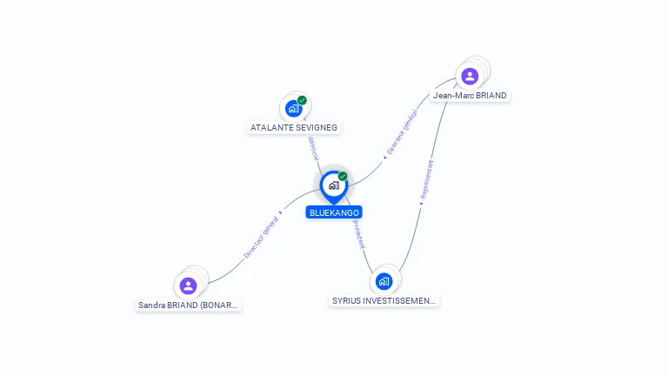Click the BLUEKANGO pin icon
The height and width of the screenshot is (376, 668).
(x=333, y=185)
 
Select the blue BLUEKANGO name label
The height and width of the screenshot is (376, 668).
(x=334, y=212)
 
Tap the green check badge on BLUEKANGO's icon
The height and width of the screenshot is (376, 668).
(x=343, y=177)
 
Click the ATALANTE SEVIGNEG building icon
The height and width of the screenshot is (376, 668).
(x=293, y=109)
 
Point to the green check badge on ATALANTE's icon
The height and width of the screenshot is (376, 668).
(x=302, y=100)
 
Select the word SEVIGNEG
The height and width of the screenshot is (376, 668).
(x=316, y=127)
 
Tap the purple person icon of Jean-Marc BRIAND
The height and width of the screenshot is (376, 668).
(x=470, y=76)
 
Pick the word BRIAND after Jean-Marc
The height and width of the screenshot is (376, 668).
(x=491, y=96)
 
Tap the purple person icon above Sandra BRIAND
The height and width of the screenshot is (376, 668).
(x=189, y=285)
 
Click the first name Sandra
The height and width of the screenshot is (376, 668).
(x=152, y=305)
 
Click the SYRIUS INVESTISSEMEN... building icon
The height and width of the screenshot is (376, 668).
(x=384, y=281)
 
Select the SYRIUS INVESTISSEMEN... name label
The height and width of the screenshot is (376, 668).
(x=384, y=301)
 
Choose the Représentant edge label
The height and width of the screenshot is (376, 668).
(x=426, y=180)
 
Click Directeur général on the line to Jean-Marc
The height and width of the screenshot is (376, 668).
(x=403, y=132)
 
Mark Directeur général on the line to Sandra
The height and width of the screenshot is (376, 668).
(x=260, y=237)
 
